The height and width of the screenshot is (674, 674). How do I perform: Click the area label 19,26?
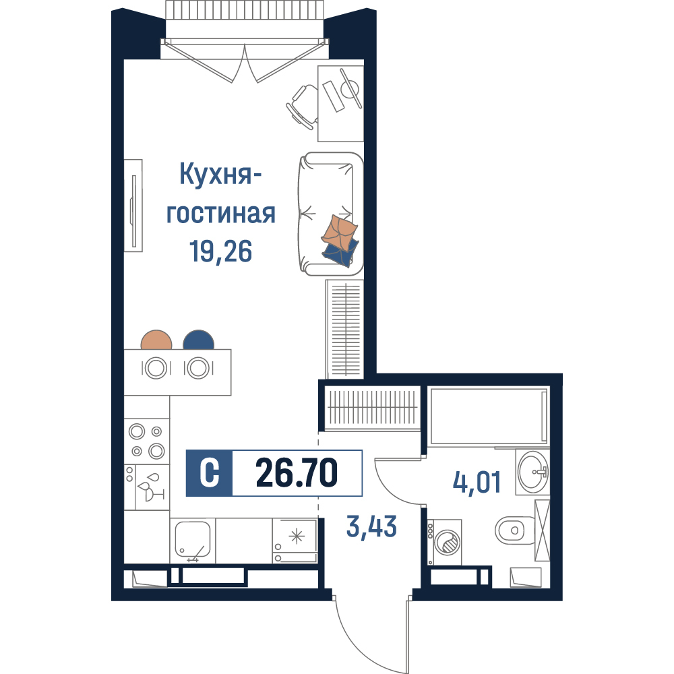[x=220, y=251]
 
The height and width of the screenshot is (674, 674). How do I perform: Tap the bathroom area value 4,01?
[x=477, y=482]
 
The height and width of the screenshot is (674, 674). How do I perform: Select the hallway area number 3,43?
[x=371, y=526]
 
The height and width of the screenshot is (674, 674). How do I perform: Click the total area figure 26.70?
[x=297, y=473]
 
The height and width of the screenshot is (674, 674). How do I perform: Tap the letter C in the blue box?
[x=210, y=473]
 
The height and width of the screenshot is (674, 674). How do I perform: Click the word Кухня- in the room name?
[x=221, y=174]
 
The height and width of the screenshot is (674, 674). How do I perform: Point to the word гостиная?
[x=220, y=214]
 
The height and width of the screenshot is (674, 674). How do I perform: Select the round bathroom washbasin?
[x=533, y=471]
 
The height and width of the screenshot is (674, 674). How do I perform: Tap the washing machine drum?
[x=447, y=543]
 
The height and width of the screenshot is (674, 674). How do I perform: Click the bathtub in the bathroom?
[x=489, y=416]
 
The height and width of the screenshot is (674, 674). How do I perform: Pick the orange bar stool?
[x=156, y=340]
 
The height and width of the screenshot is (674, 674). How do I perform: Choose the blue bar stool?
[x=198, y=340]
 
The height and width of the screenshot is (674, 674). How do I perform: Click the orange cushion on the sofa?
[x=339, y=232]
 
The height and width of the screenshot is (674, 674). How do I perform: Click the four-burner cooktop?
[x=146, y=441]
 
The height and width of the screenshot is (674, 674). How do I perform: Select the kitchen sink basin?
[x=193, y=539]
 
